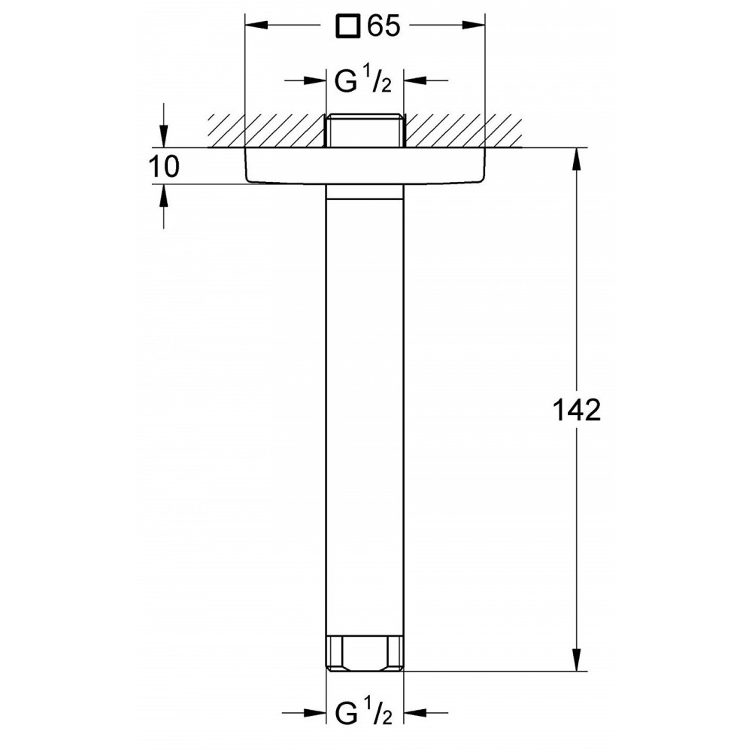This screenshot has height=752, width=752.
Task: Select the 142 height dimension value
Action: tap(577, 410)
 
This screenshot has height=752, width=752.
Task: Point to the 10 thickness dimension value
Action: tap(164, 166)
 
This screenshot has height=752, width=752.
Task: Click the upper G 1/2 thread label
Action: tap(363, 80)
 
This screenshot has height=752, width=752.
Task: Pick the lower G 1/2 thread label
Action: tap(363, 713)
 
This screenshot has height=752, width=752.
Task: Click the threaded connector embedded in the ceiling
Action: tap(365, 130)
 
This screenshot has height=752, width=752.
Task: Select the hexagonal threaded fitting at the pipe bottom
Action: tap(365, 653)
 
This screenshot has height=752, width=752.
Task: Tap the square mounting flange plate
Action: tap(365, 165)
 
